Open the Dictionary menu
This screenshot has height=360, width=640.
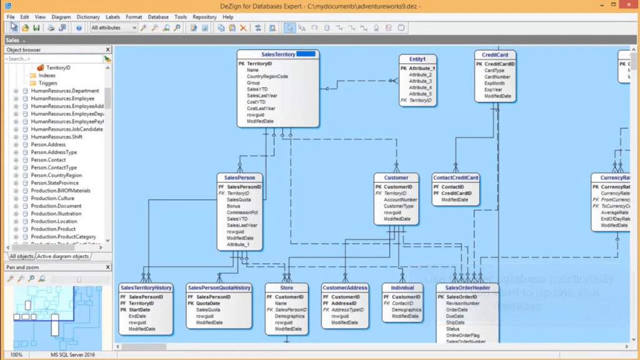click(88, 17)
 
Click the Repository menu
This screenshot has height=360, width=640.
click(204, 17)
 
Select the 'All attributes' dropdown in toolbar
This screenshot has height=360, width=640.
click(114, 28)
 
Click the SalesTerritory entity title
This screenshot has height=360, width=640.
click(277, 54)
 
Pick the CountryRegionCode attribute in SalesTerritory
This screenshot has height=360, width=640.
click(267, 77)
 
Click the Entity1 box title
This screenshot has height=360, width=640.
click(417, 59)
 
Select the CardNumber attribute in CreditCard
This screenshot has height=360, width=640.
click(497, 77)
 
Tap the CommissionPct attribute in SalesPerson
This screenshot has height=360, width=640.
click(242, 212)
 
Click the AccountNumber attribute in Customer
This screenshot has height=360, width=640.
click(400, 199)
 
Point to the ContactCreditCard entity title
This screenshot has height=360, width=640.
click(456, 177)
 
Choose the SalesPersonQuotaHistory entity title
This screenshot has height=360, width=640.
click(219, 287)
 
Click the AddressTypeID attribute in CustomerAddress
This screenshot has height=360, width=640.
click(347, 310)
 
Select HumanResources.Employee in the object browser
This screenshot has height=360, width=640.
click(62, 98)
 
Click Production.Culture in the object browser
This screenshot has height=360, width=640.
click(52, 198)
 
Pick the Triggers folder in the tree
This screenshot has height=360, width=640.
click(47, 83)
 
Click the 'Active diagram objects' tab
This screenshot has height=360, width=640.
click(62, 256)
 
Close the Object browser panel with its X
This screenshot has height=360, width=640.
click(107, 49)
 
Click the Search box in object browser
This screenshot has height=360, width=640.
click(53, 59)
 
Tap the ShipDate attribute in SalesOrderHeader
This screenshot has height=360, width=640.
click(456, 322)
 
